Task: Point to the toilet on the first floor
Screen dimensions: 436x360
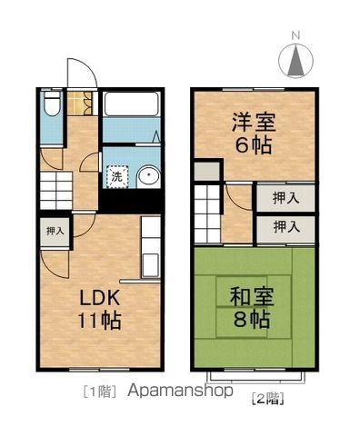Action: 50,108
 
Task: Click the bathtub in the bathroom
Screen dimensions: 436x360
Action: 132,104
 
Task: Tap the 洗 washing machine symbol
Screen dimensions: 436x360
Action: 115,178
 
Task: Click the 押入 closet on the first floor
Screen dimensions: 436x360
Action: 55,232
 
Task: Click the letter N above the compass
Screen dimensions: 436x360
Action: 295,36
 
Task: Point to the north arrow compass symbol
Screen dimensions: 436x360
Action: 296,62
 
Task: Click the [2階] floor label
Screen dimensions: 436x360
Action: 266,397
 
